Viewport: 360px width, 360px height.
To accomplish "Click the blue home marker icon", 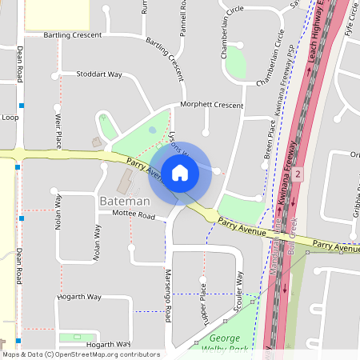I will [x=179, y=172].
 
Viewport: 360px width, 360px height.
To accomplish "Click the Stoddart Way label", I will [x=99, y=74].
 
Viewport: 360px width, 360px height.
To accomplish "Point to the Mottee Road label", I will [x=133, y=215].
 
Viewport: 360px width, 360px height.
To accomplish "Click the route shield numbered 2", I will [x=297, y=174].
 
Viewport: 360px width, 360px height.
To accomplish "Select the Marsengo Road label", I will [x=168, y=296].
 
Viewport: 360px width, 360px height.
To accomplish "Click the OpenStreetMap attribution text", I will [x=80, y=354].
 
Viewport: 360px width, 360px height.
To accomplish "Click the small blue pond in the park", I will [x=153, y=130].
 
